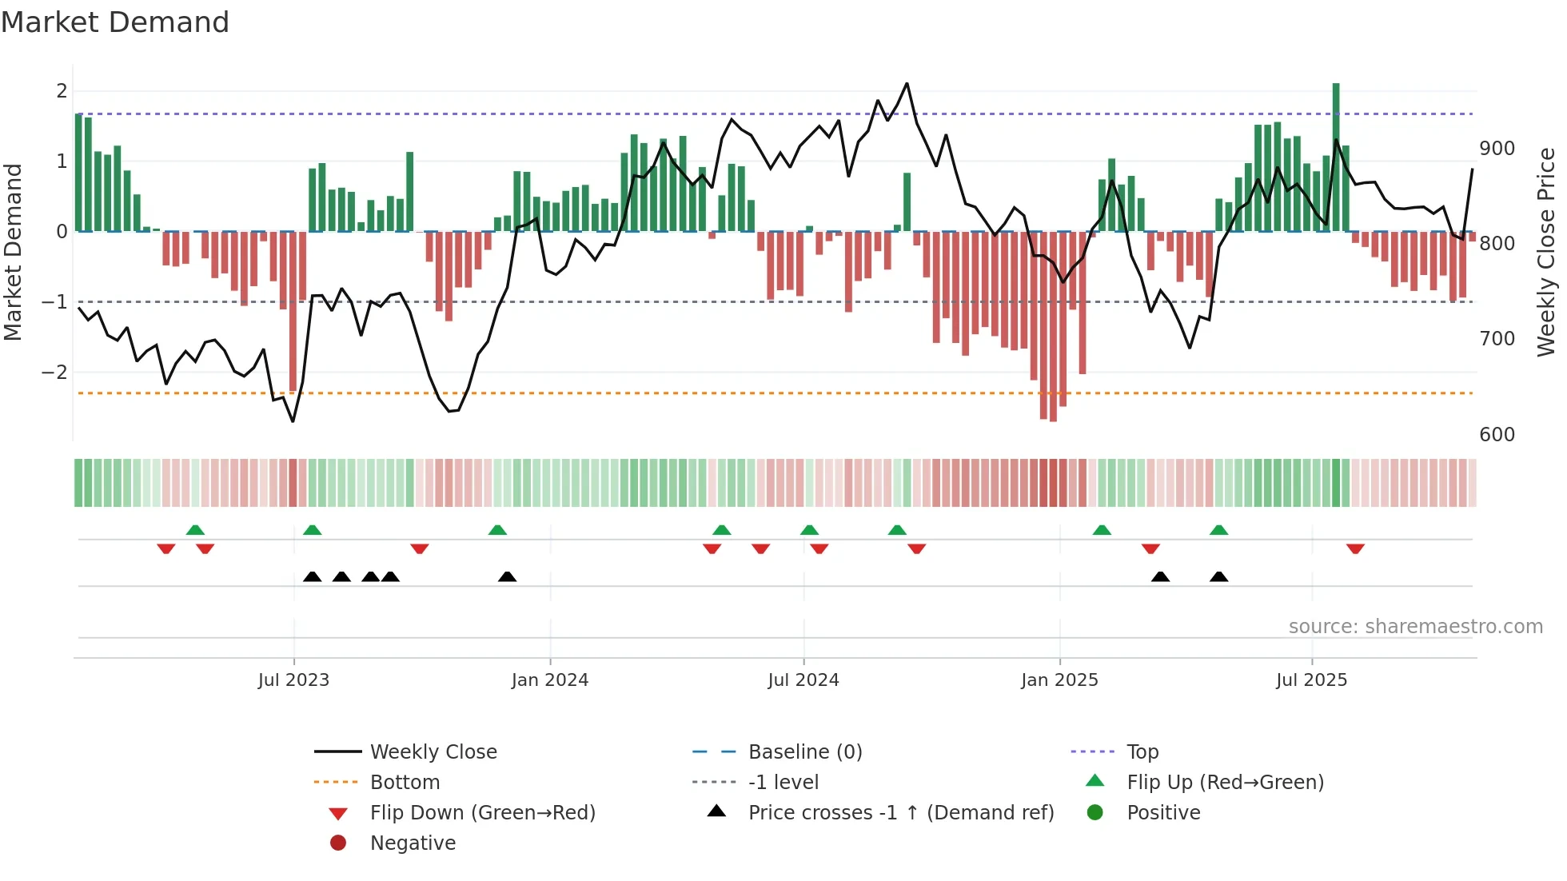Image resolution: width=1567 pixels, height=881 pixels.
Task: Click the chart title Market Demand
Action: [115, 22]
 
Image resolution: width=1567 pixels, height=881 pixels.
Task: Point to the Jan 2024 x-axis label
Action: [550, 680]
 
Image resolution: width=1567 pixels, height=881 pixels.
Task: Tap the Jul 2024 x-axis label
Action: [803, 680]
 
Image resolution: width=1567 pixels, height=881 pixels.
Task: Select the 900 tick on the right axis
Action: [1497, 149]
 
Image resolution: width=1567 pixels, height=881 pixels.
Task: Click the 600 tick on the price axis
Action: [1497, 435]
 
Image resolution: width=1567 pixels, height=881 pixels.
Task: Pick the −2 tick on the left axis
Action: [55, 373]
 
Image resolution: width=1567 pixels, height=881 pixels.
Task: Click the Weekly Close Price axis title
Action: [1546, 252]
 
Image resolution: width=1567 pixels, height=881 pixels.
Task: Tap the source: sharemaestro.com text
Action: [1415, 627]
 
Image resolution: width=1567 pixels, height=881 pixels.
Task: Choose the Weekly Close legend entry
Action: [433, 752]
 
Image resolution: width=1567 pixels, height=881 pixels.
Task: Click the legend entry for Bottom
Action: [405, 783]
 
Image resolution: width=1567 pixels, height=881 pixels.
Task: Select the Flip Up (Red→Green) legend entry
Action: [1225, 783]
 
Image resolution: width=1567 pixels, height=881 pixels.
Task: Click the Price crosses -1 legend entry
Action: [900, 813]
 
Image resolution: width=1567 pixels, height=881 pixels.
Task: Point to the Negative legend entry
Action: [413, 843]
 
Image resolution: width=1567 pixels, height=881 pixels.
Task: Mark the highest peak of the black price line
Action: [907, 84]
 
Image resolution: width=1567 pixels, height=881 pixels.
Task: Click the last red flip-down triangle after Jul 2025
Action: [1355, 548]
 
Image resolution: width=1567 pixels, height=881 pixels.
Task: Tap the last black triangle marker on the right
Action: [1218, 576]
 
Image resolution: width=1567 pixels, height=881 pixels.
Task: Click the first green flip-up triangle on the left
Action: [195, 530]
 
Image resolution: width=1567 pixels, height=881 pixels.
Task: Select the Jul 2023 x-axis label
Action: [293, 680]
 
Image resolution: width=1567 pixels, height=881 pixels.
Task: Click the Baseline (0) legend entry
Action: [804, 752]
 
